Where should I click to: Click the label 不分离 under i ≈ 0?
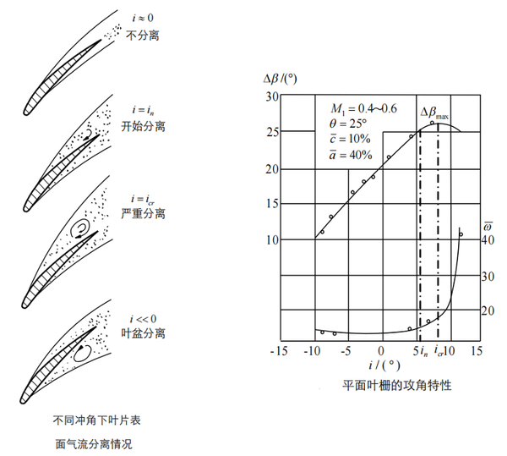pyautogui.click(x=142, y=36)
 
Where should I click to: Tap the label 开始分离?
pyautogui.click(x=142, y=126)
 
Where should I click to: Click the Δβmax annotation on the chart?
pyautogui.click(x=435, y=113)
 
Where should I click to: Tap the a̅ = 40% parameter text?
pyautogui.click(x=353, y=153)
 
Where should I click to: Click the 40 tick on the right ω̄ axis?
pyautogui.click(x=487, y=239)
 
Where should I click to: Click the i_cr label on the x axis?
pyautogui.click(x=439, y=350)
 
